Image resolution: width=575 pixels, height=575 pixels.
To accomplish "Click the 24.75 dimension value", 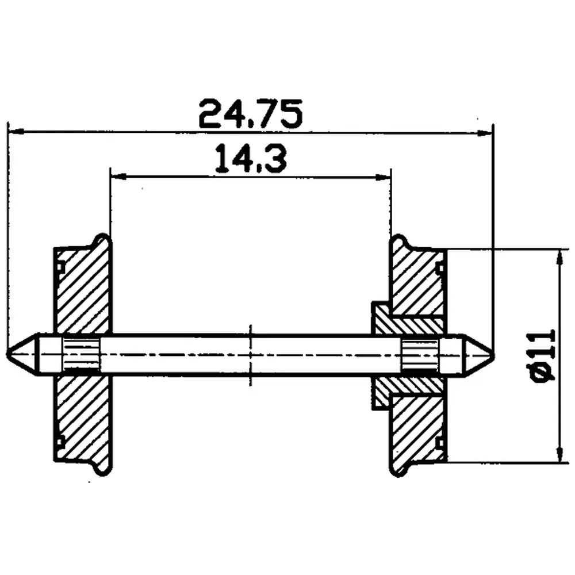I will pyautogui.click(x=250, y=114).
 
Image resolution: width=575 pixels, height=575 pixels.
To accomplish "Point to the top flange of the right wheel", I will pyautogui.click(x=399, y=241).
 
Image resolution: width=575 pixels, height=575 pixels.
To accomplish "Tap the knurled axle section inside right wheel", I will pyautogui.click(x=420, y=354).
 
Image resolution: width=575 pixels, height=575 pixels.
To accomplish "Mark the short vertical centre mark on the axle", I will pyautogui.click(x=251, y=354).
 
